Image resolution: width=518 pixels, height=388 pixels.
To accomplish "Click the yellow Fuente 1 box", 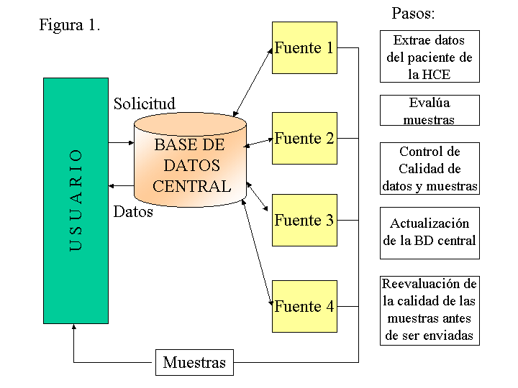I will (304, 47).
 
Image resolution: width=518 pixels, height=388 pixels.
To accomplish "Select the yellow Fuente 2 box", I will (304, 138).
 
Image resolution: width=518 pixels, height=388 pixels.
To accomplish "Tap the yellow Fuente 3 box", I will (304, 220).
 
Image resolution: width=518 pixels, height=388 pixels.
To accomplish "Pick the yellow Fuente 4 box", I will (304, 306).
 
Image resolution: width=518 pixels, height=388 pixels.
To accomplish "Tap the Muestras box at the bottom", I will (194, 362).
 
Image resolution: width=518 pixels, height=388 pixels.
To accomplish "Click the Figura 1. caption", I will (69, 24).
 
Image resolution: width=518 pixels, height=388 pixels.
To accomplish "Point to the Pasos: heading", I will (413, 13).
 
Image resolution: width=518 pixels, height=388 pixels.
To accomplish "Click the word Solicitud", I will (144, 103).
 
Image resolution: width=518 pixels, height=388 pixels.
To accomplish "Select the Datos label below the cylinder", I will (133, 212).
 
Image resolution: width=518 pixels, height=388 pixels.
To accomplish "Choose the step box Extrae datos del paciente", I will (430, 57).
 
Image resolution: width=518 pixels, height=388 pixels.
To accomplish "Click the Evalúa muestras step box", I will (430, 111).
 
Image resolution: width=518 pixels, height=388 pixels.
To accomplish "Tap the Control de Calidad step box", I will (430, 168).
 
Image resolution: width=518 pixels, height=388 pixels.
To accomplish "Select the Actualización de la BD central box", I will (430, 232).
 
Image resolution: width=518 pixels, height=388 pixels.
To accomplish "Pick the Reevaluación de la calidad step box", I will (430, 310).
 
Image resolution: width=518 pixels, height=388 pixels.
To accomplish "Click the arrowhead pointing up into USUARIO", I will (74, 328).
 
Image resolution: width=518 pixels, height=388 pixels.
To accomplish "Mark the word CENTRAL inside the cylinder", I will (192, 186).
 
